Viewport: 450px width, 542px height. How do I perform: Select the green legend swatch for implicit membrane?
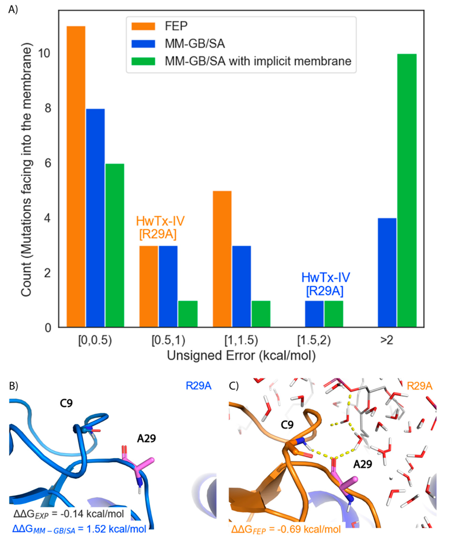143,61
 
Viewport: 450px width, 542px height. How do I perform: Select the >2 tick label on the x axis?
387,340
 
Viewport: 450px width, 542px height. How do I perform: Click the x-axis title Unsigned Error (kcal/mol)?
241,356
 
